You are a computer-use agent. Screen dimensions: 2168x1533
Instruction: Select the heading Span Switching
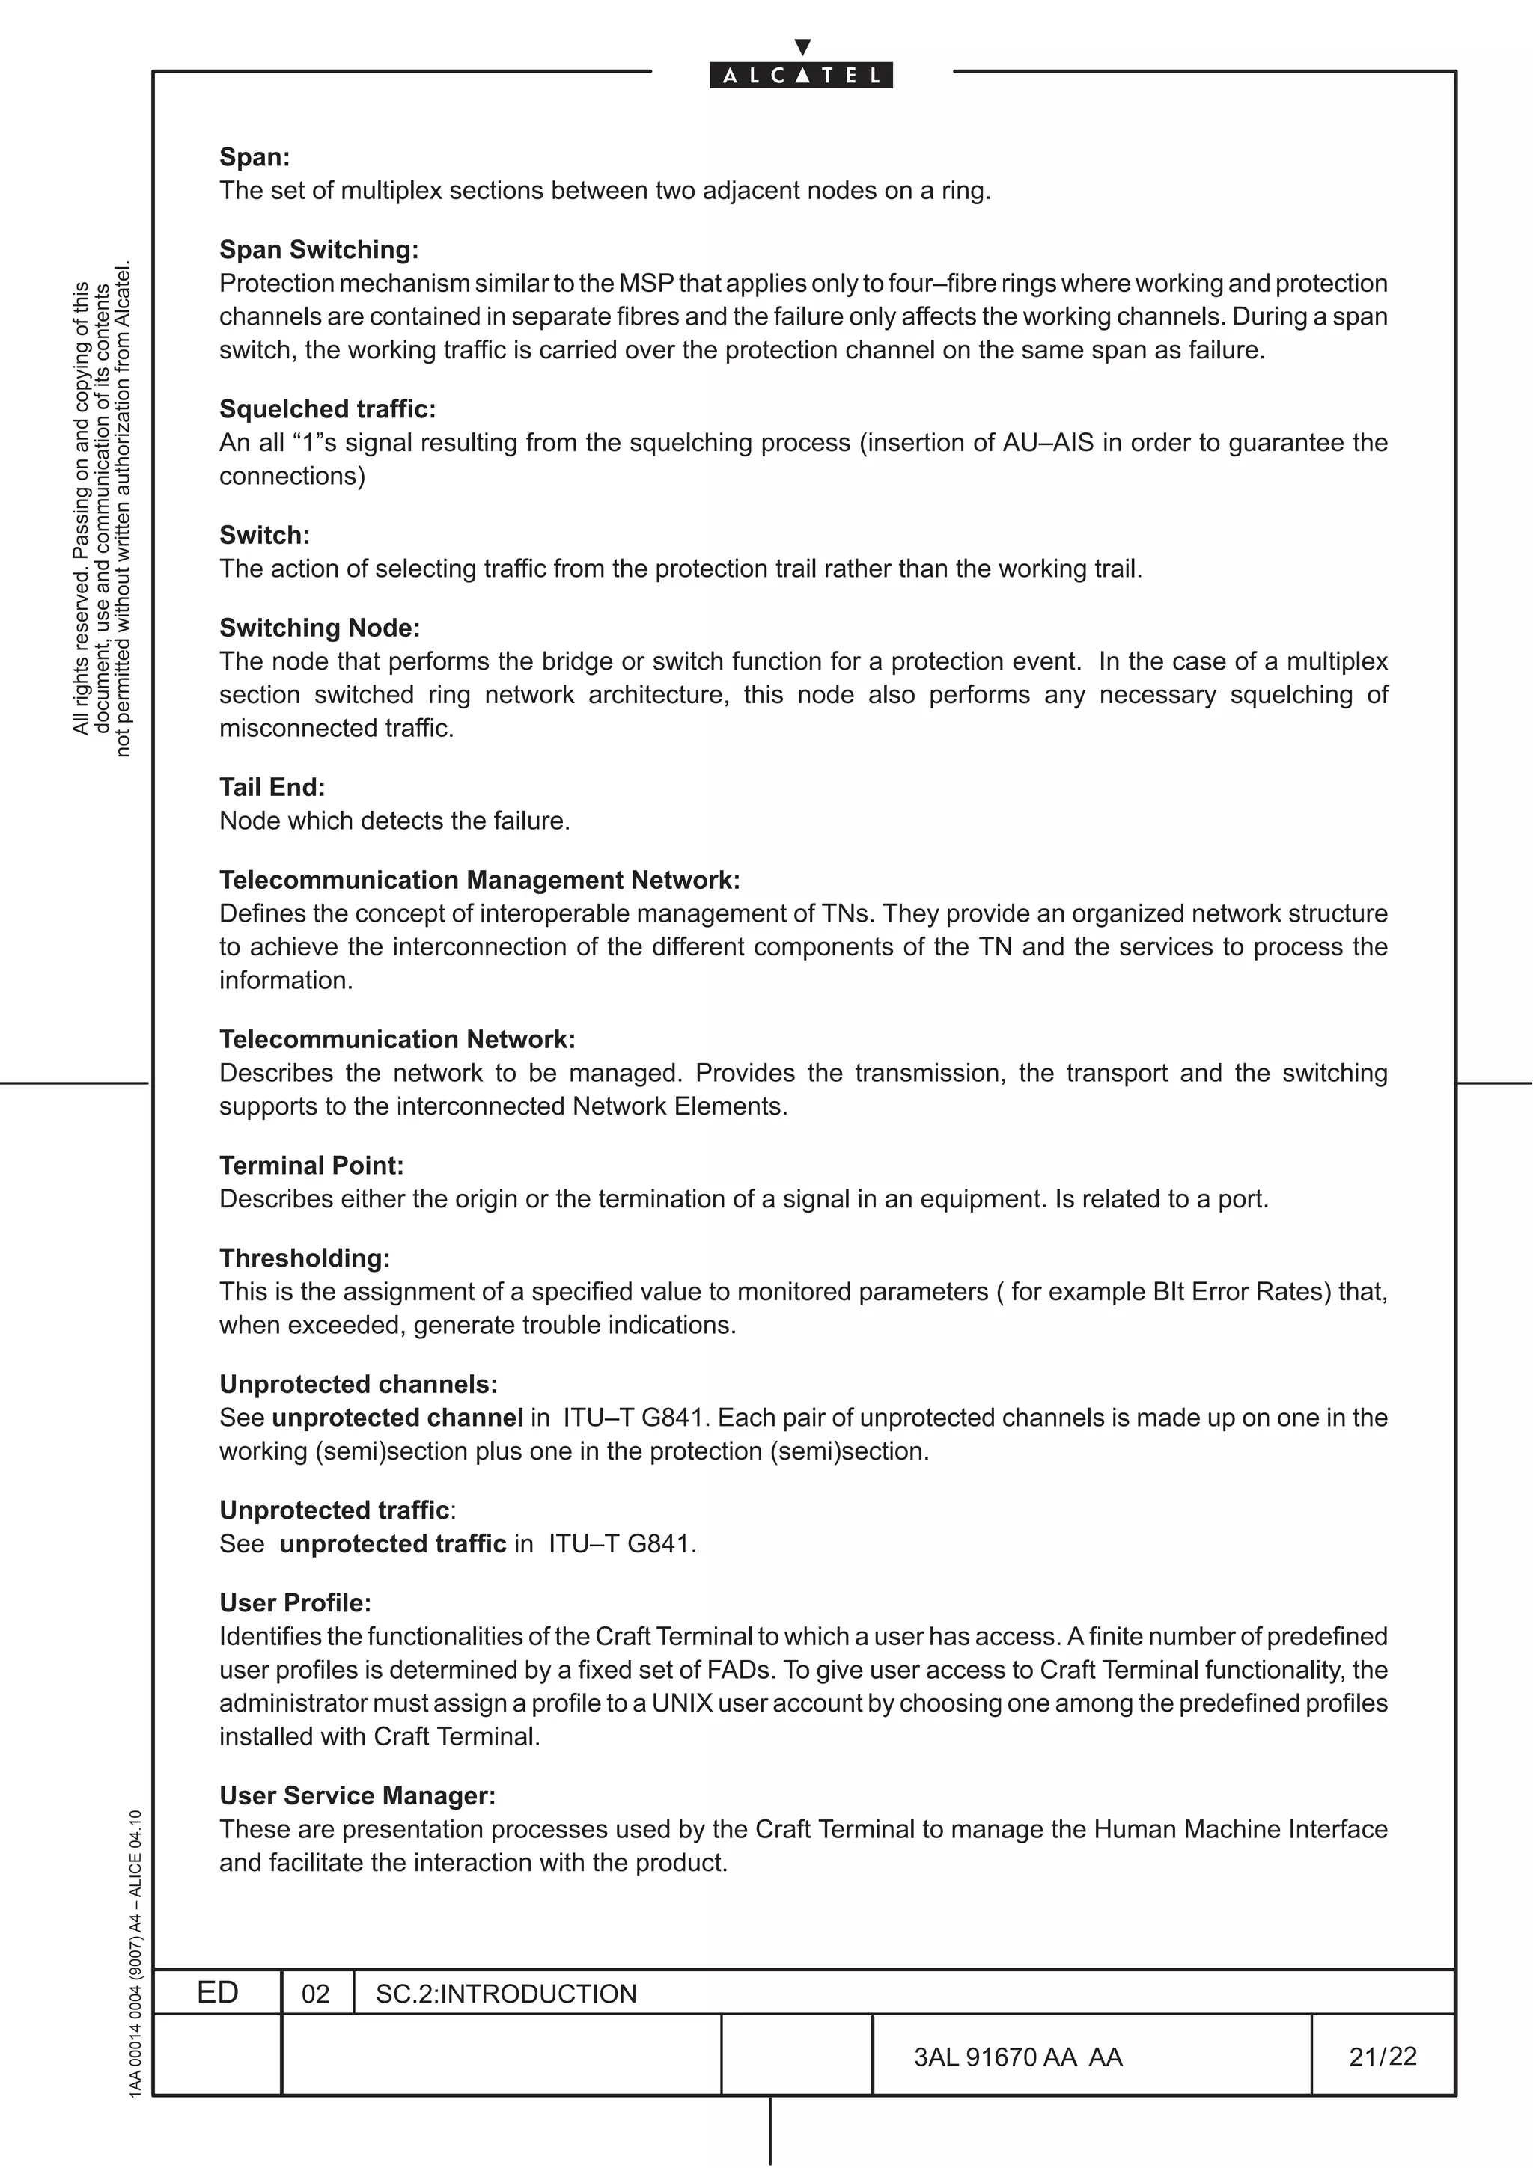[x=318, y=249]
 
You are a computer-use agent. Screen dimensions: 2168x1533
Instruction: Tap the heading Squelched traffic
[x=327, y=409]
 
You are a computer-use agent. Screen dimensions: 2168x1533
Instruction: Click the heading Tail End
[x=272, y=786]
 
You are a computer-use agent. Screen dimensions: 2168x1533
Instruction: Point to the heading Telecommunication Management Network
[x=479, y=879]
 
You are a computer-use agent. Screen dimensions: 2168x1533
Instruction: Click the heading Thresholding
[x=304, y=1257]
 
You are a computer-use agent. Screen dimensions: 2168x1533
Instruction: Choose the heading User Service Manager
[x=357, y=1794]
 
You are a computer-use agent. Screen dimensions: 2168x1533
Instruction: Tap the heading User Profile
[x=295, y=1602]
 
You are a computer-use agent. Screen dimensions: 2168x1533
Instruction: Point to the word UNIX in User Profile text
[x=682, y=1703]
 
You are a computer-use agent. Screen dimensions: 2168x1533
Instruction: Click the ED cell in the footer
[x=217, y=1992]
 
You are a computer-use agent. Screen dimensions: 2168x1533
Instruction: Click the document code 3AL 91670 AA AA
[x=1017, y=2057]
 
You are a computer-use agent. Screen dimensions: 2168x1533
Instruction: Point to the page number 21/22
[x=1383, y=2056]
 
